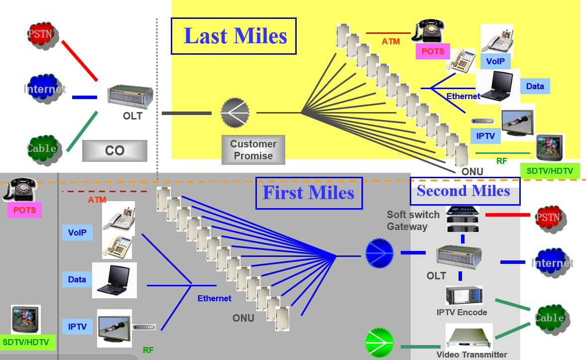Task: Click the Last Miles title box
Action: [234, 36]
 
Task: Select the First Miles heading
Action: [309, 193]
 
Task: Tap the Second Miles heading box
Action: [464, 191]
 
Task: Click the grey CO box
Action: [115, 151]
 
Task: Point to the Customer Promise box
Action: [253, 149]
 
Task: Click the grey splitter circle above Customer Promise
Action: [235, 113]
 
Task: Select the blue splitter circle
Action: [379, 253]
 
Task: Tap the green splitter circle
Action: [379, 343]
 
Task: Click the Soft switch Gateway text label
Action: [413, 221]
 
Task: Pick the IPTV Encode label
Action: [462, 312]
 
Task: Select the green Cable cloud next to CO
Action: [42, 148]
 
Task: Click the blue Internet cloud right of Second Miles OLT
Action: [552, 263]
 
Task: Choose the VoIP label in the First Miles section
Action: [77, 232]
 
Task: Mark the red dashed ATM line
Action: [105, 191]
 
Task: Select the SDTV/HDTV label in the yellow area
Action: [550, 171]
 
